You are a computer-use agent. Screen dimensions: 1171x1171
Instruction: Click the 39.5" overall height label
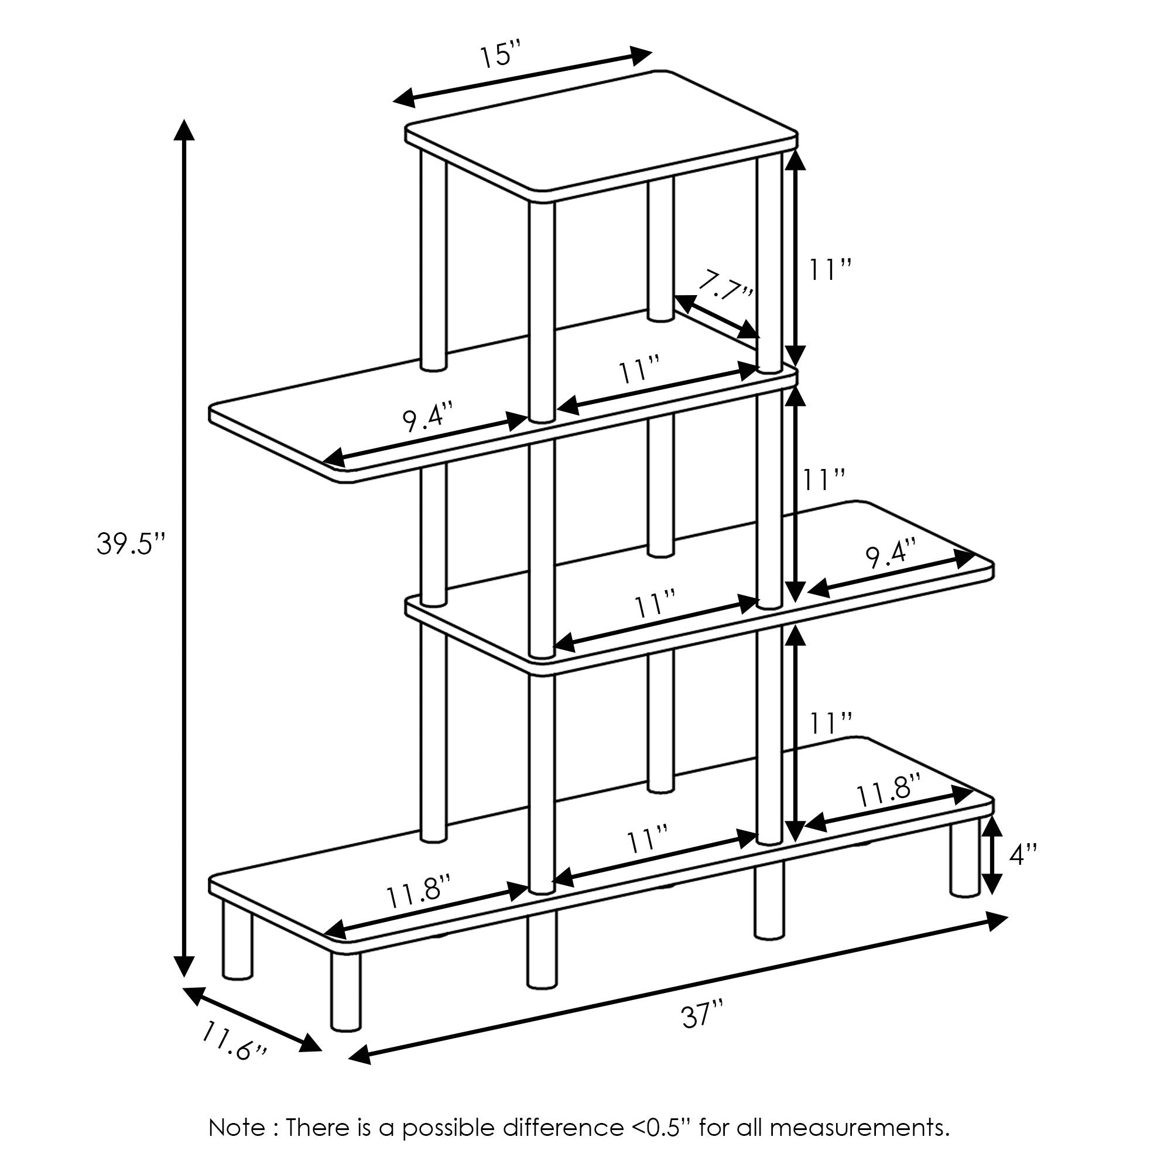(131, 543)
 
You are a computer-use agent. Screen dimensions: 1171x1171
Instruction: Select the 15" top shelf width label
(501, 56)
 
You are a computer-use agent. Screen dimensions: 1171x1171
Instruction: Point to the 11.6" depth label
(234, 1041)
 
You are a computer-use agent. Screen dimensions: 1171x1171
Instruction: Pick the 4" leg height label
(1023, 855)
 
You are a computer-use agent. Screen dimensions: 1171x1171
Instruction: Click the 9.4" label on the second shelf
(428, 419)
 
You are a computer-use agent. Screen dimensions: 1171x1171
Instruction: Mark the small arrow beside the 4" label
(992, 855)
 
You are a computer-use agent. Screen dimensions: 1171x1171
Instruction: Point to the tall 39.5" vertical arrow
(184, 546)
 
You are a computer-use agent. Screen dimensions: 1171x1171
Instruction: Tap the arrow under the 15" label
(522, 78)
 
